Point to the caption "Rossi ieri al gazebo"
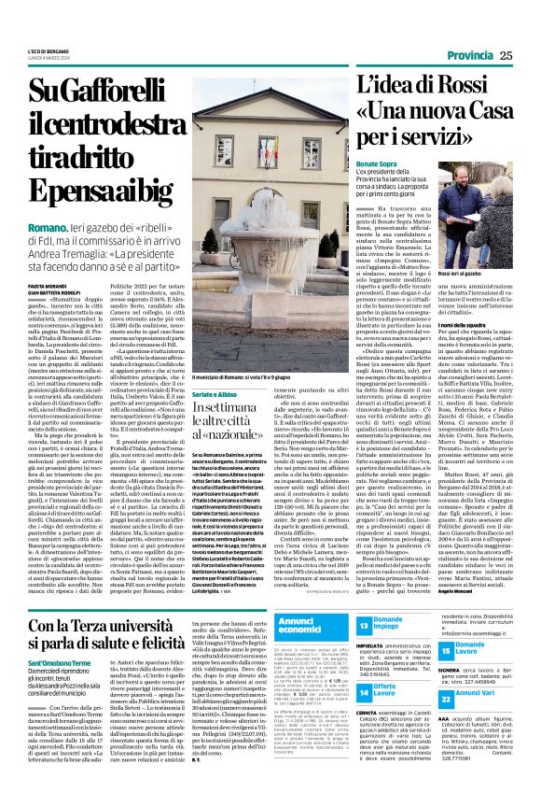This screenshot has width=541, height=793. pos(463,275)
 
